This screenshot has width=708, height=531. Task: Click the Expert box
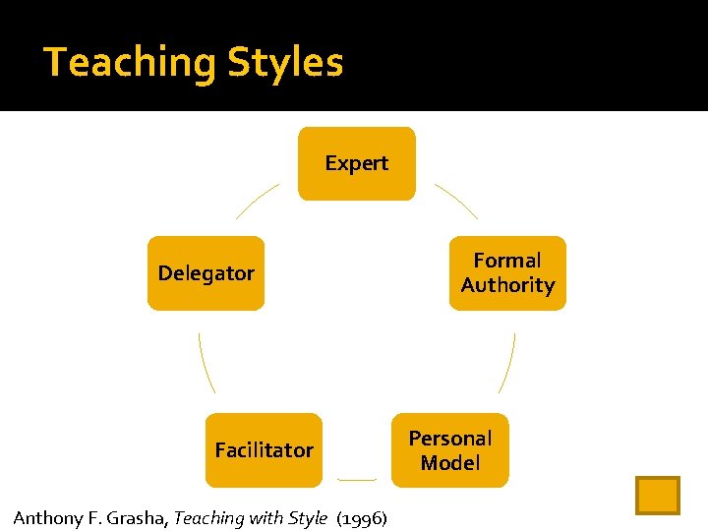tap(357, 163)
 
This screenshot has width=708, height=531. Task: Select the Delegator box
tap(206, 273)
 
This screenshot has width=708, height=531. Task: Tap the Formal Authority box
tap(507, 273)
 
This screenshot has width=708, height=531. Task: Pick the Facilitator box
tap(264, 450)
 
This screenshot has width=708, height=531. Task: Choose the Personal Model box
tap(450, 450)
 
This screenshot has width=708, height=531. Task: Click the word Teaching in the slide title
tap(131, 62)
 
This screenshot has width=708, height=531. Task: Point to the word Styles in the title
tap(285, 62)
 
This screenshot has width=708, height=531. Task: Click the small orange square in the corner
tap(657, 495)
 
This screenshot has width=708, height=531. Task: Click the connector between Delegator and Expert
tap(257, 200)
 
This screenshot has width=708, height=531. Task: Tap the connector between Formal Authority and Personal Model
tap(507, 363)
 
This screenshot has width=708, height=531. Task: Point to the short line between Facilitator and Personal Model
tap(357, 479)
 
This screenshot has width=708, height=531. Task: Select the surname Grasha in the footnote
tap(140, 517)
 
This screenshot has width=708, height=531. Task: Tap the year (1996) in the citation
tap(361, 517)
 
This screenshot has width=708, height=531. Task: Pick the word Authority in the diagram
tap(507, 285)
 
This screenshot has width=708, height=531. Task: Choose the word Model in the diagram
tap(450, 462)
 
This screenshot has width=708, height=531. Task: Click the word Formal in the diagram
tap(507, 261)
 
